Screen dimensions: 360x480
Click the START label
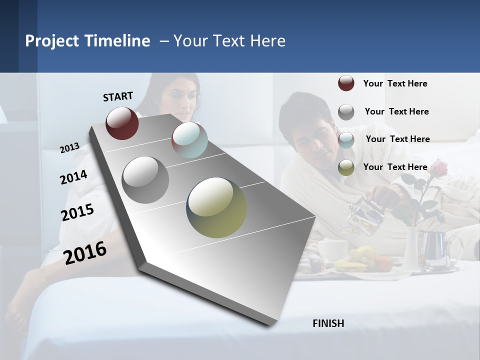(118, 96)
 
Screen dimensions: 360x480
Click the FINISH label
(328, 323)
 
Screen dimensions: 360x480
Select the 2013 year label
(69, 148)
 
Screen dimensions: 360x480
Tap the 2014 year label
(73, 177)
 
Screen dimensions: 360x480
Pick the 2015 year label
(77, 212)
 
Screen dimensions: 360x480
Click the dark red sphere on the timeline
(122, 123)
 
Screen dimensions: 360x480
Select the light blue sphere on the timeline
(189, 139)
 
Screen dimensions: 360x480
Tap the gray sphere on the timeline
(145, 179)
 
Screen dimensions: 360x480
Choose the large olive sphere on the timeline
(216, 207)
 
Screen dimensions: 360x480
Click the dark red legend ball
(346, 83)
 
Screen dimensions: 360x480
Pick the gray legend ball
(346, 112)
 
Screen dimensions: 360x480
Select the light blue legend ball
(346, 140)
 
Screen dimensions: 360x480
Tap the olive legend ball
(346, 167)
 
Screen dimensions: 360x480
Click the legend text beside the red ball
(395, 83)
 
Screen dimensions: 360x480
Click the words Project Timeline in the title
(87, 41)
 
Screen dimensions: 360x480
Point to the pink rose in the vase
(437, 168)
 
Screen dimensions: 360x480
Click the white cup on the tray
(332, 248)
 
